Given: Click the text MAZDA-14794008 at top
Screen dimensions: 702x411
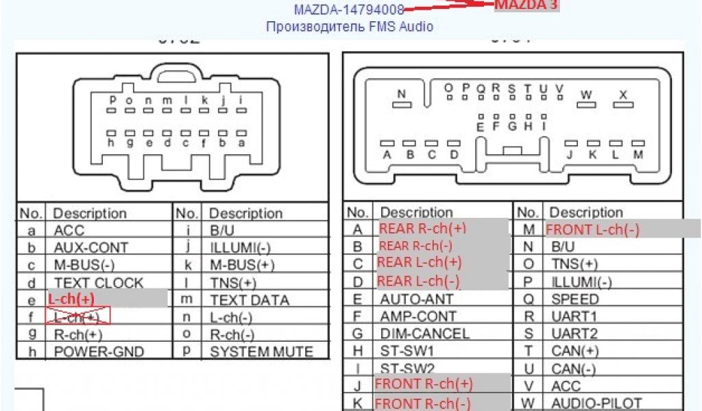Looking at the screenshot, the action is click(x=348, y=10).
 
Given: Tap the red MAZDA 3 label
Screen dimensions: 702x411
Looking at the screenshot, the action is click(x=526, y=5).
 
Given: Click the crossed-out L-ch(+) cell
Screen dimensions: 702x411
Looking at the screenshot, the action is click(x=77, y=316).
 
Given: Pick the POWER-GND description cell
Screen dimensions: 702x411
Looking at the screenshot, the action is click(x=99, y=351).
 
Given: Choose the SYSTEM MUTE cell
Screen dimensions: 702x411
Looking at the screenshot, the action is click(x=261, y=351).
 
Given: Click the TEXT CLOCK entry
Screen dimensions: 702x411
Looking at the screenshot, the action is click(x=99, y=282).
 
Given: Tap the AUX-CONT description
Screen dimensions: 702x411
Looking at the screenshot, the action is click(x=90, y=247).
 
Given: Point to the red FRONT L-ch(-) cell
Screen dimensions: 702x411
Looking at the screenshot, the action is click(x=592, y=229).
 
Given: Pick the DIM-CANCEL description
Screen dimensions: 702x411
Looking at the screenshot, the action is click(x=424, y=334).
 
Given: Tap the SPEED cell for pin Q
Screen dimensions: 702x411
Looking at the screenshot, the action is click(x=574, y=299).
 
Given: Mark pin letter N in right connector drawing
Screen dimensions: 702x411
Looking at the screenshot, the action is click(x=402, y=94).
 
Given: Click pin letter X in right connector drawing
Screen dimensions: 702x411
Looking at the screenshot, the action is click(x=622, y=94).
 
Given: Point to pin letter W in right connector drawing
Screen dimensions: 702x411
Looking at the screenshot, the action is click(x=585, y=94).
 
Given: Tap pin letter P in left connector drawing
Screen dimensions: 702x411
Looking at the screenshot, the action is click(x=112, y=100).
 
